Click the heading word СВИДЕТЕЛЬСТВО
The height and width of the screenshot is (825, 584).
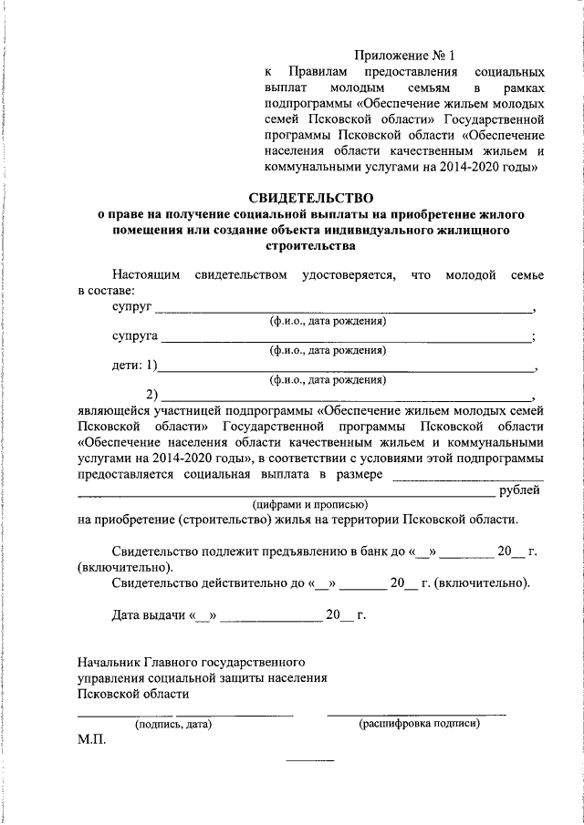312,197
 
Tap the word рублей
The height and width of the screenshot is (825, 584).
521,490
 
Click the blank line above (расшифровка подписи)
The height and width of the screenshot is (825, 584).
416,713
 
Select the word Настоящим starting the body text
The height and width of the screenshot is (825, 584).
147,274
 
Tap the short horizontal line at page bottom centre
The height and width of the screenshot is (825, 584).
310,760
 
